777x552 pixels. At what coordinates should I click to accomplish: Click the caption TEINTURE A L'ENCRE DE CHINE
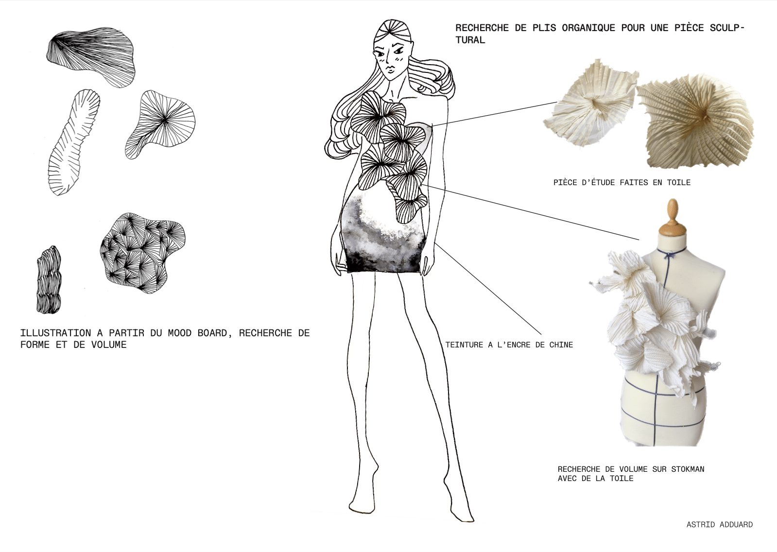[x=509, y=345]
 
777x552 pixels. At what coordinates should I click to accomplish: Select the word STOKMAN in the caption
[x=688, y=469]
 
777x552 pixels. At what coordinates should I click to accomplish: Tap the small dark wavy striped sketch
[x=49, y=279]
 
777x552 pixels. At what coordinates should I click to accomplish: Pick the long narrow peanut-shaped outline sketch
[x=73, y=142]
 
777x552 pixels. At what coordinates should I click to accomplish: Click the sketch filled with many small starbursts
[x=142, y=253]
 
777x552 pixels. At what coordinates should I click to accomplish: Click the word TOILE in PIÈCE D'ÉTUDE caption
[x=679, y=183]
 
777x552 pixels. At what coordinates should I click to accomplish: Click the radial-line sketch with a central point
[x=160, y=124]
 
